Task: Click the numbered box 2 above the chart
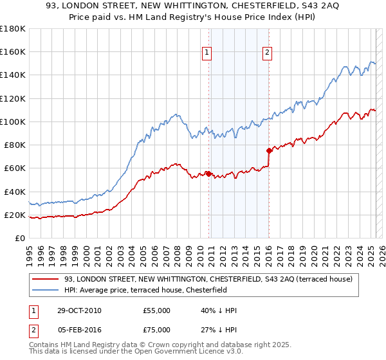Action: pyautogui.click(x=267, y=53)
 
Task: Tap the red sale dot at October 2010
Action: pyautogui.click(x=208, y=173)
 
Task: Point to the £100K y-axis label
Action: pyautogui.click(x=13, y=122)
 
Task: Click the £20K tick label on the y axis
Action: pyautogui.click(x=15, y=215)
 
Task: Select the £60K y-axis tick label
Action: pyautogui.click(x=15, y=168)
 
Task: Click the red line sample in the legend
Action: pyautogui.click(x=45, y=280)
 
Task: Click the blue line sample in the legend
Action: pyautogui.click(x=45, y=290)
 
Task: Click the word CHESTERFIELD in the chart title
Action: pyautogui.click(x=246, y=8)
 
